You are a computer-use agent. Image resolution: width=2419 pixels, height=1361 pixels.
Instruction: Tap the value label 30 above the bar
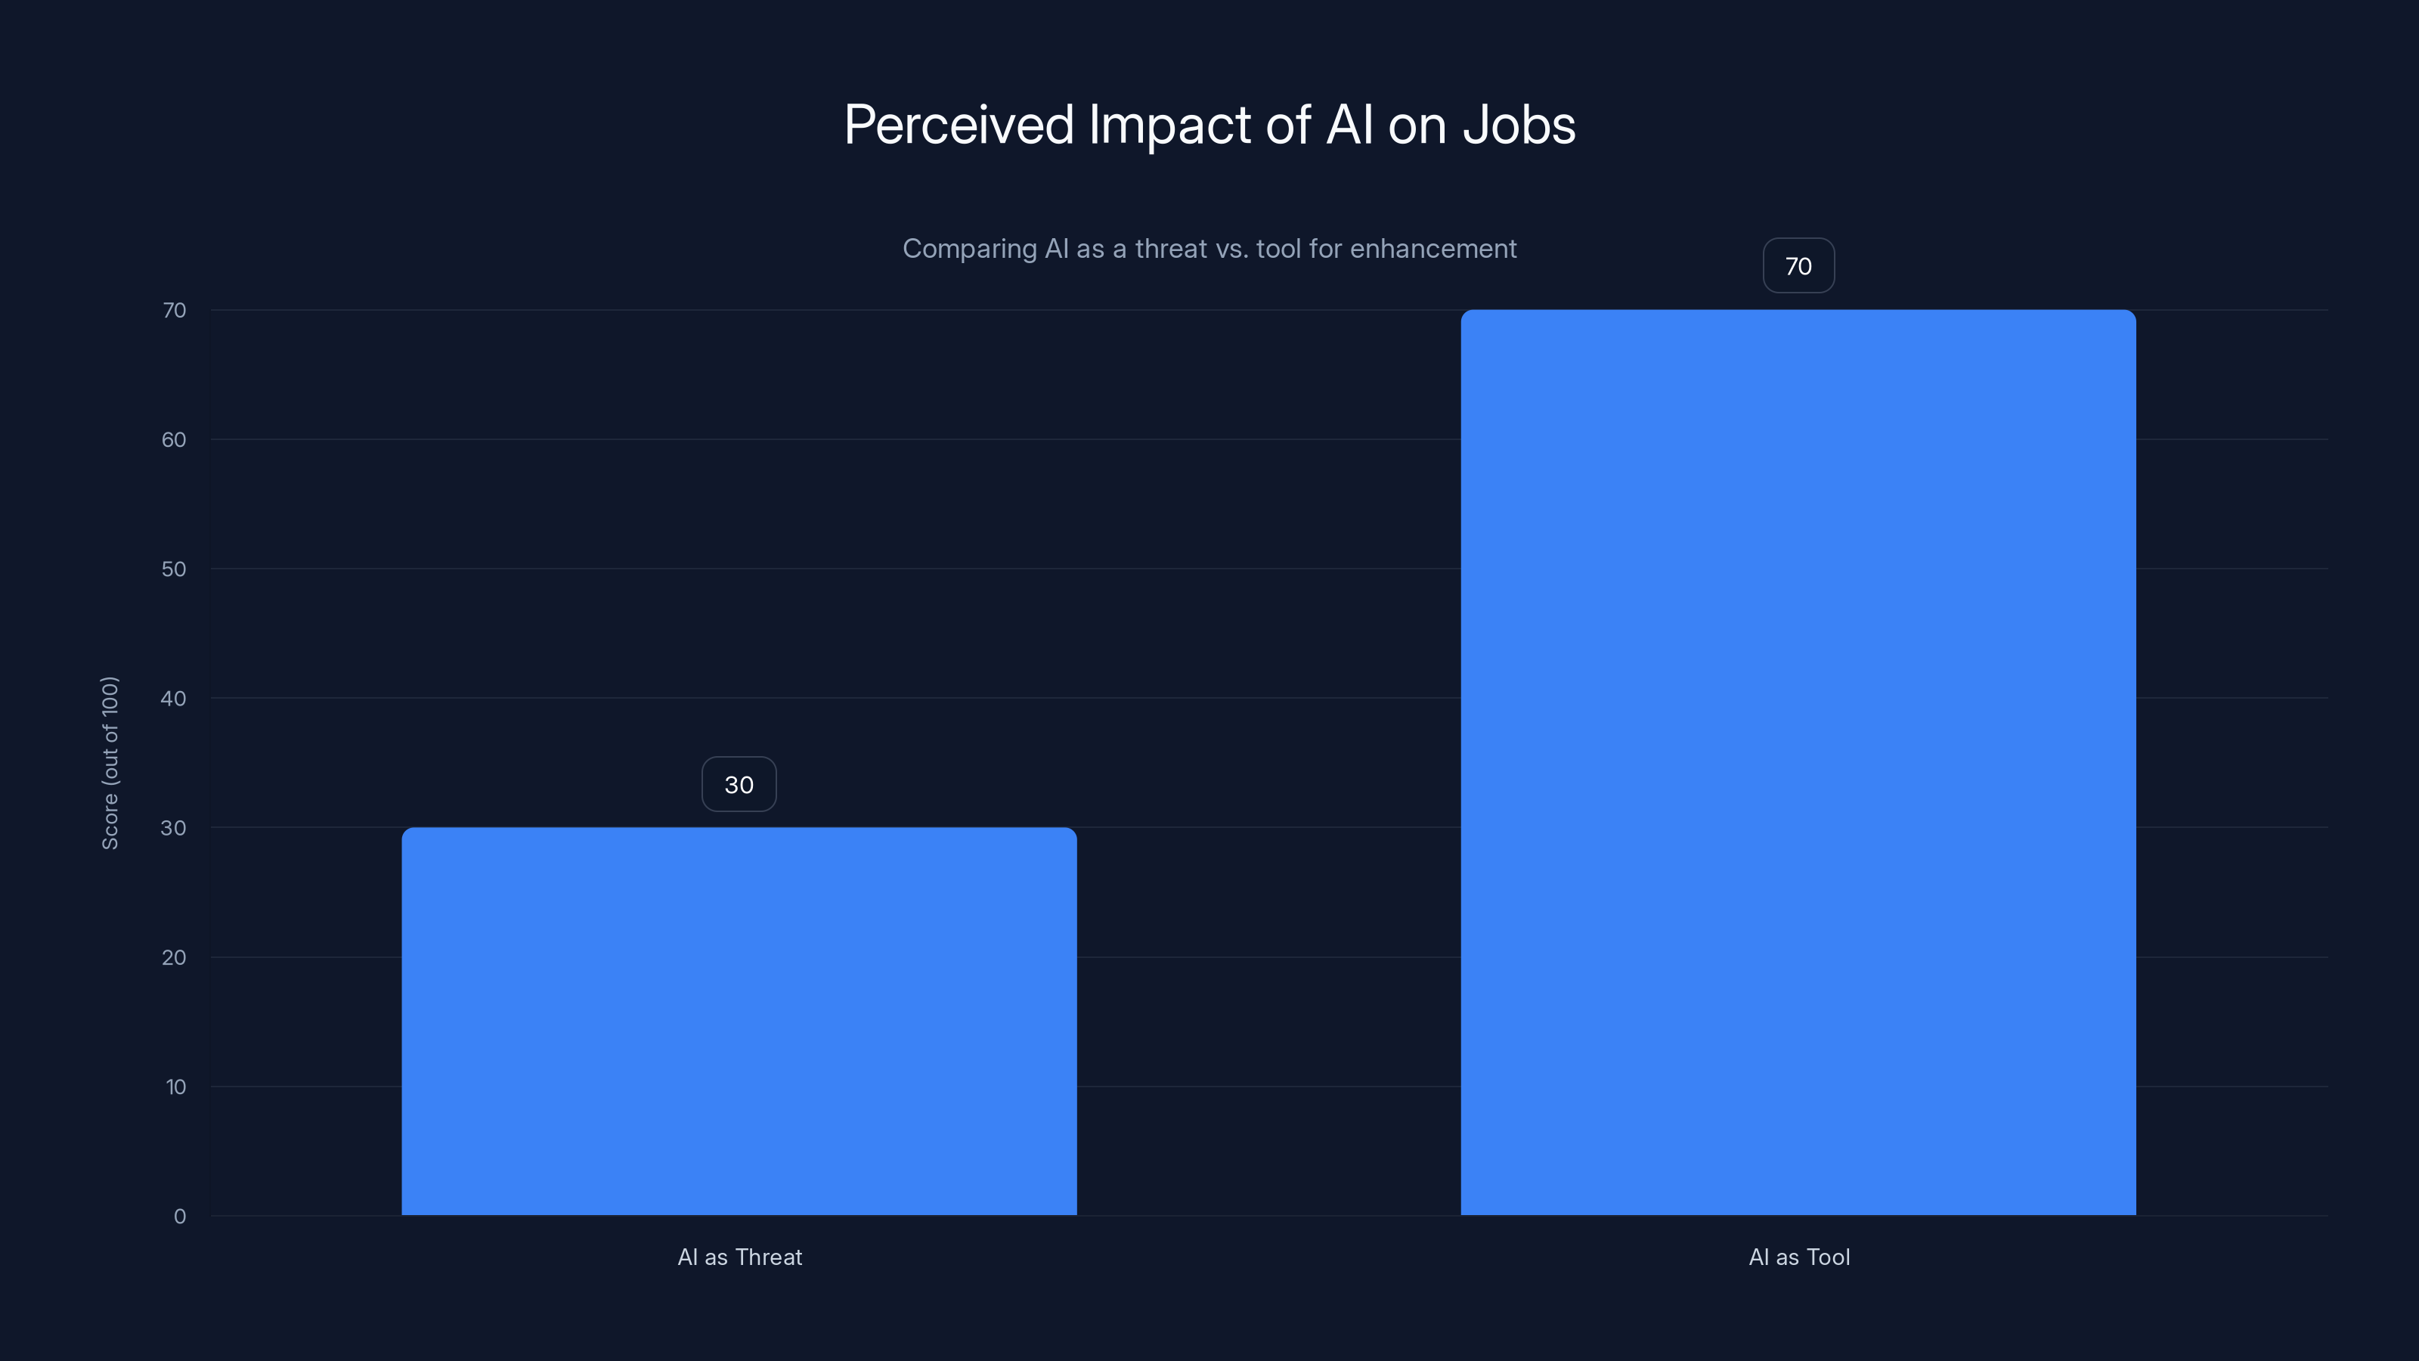[x=739, y=784]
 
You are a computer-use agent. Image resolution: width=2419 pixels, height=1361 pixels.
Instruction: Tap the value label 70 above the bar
[x=1798, y=266]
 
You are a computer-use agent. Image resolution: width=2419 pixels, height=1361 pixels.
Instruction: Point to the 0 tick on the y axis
[x=179, y=1217]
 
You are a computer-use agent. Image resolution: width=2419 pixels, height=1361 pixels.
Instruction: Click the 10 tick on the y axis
[x=175, y=1087]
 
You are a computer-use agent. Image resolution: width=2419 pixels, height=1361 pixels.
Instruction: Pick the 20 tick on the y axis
[x=174, y=957]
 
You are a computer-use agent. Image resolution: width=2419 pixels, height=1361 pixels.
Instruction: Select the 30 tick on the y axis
[x=174, y=827]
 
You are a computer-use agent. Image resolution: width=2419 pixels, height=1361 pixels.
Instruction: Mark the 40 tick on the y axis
[x=174, y=698]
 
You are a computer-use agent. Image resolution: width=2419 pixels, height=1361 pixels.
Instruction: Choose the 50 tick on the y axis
[x=174, y=569]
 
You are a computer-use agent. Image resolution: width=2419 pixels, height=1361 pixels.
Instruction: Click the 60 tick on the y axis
[x=174, y=439]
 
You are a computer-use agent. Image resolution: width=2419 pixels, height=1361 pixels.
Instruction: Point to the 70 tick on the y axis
[x=175, y=310]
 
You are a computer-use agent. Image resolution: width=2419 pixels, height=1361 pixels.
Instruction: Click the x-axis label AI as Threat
[x=739, y=1257]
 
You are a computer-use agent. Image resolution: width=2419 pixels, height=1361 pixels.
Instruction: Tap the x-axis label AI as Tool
[x=1798, y=1257]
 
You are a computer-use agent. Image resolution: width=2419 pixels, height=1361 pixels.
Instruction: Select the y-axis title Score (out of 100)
[x=110, y=763]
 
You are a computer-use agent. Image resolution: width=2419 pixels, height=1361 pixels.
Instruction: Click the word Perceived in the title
[x=958, y=125]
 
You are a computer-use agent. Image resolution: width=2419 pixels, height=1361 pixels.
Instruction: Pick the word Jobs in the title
[x=1519, y=125]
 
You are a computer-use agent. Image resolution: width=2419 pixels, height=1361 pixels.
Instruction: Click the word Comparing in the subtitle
[x=969, y=249]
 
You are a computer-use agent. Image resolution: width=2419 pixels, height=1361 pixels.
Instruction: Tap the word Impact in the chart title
[x=1169, y=125]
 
